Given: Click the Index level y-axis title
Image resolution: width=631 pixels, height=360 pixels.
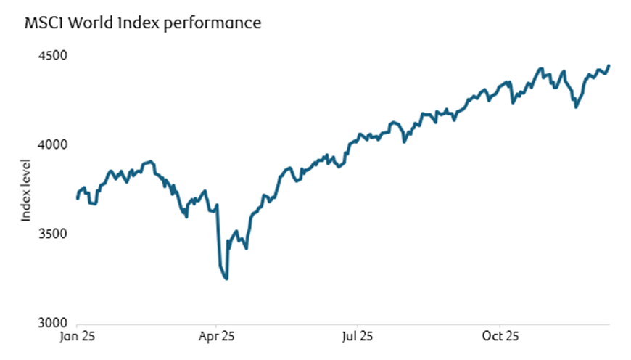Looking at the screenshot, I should coord(26,190).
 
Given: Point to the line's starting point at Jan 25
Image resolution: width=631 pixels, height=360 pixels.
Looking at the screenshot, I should coord(77,198).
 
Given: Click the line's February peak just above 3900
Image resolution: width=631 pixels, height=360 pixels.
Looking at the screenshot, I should coord(151,162).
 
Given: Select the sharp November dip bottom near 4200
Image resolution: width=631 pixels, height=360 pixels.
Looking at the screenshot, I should coord(576,107).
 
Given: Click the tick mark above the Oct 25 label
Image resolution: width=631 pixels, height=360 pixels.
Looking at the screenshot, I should coord(501,326).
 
